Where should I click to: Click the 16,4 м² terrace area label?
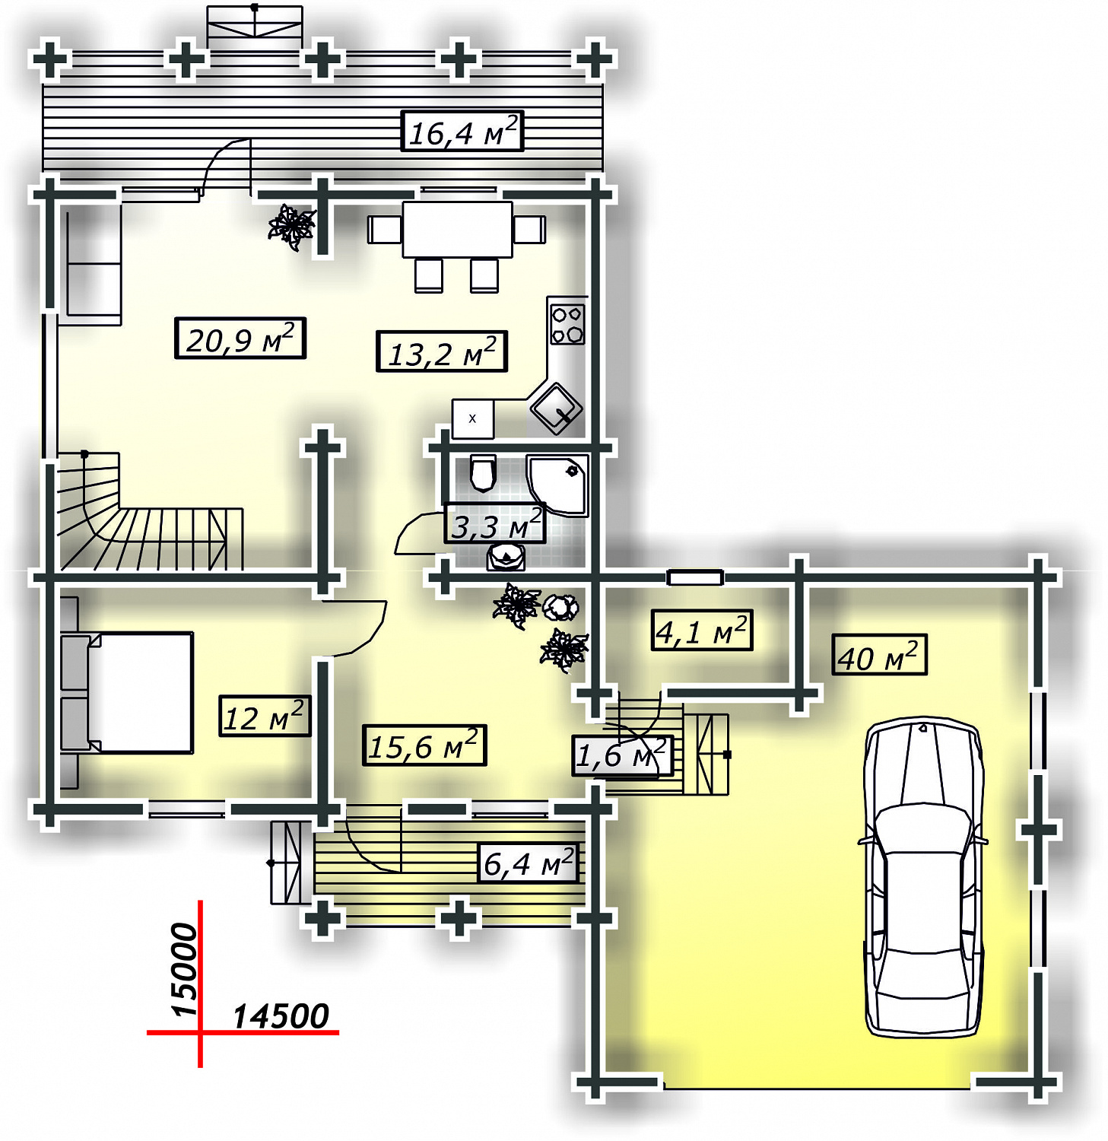coord(462,132)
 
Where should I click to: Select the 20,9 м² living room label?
coord(240,338)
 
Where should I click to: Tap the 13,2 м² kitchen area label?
coord(442,351)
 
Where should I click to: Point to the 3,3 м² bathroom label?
coord(495,524)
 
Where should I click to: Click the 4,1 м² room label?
coord(702,631)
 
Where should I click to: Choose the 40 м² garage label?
coord(880,655)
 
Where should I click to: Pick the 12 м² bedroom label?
coord(265,717)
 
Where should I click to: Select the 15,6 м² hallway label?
coord(424,745)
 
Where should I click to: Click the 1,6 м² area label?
coord(622,755)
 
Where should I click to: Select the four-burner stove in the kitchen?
coord(567,324)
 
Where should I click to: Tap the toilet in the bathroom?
coord(483,473)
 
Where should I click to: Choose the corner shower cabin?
coord(557,485)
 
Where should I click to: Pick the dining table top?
coord(458,229)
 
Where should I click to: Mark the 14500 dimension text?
coord(281,1016)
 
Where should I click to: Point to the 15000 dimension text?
coord(185,969)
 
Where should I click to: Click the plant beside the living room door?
coord(291,226)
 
